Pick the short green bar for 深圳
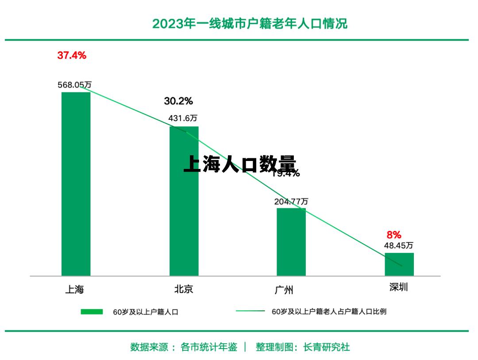click(399, 264)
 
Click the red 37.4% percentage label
click(72, 56)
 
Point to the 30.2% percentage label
click(178, 101)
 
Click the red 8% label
click(394, 235)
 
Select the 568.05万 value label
click(74, 85)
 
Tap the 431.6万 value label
click(182, 119)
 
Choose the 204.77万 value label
click(291, 202)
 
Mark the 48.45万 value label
click(398, 245)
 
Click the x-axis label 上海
click(74, 290)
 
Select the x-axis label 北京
click(183, 289)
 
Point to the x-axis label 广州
click(284, 290)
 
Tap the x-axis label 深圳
click(398, 287)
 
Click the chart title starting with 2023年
click(250, 23)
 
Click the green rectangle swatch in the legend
click(92, 312)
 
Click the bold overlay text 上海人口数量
click(239, 164)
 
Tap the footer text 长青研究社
click(326, 347)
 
